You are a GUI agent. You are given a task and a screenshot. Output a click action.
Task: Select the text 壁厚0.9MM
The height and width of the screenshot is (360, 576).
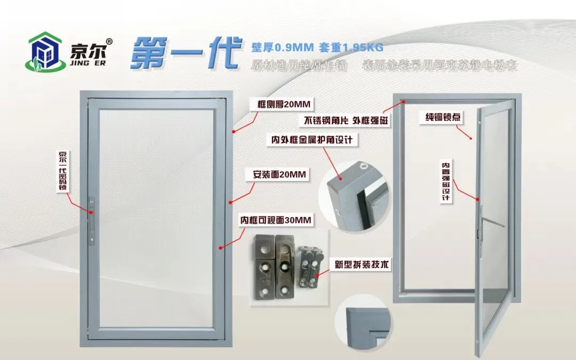pyautogui.click(x=282, y=47)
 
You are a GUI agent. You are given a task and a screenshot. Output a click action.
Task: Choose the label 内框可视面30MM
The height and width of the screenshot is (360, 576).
pyautogui.click(x=275, y=220)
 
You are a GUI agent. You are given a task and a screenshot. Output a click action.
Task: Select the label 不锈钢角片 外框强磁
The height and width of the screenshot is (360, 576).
pyautogui.click(x=346, y=120)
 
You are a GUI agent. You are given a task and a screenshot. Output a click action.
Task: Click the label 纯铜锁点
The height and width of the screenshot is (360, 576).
pyautogui.click(x=443, y=117)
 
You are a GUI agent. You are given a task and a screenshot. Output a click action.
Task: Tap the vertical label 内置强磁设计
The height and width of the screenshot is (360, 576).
pyautogui.click(x=445, y=181)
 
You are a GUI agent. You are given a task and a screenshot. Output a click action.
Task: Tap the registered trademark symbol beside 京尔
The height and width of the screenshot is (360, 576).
pyautogui.click(x=109, y=41)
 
